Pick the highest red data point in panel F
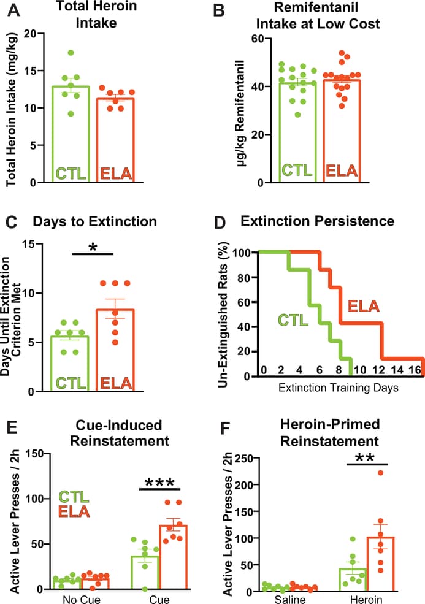point(380,473)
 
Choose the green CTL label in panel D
point(294,320)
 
